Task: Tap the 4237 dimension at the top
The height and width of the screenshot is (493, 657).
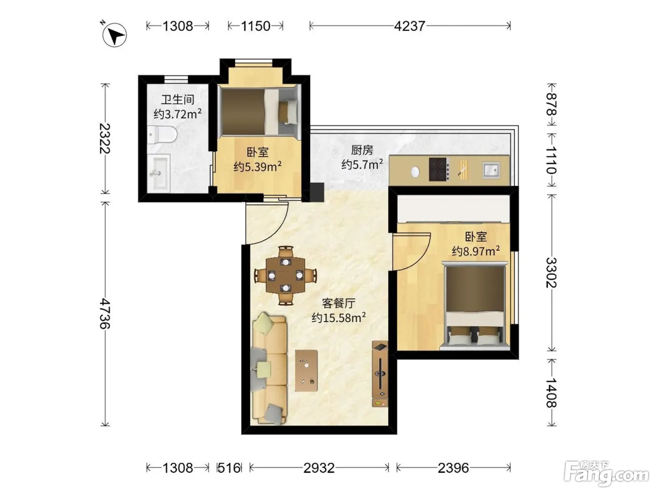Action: pos(409,26)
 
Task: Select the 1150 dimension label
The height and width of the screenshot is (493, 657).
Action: pos(255,26)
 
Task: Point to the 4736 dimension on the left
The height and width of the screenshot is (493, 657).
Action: pos(105,313)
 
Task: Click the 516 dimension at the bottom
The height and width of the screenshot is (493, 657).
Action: pos(229,468)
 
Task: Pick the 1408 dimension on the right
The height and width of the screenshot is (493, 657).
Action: pos(551,393)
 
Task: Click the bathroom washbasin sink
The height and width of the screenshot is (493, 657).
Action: pos(159,173)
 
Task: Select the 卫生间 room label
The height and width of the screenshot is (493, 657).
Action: pos(177,100)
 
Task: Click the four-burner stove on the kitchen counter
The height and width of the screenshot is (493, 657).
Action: pos(439,169)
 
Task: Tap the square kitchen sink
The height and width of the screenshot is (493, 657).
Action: pos(491,170)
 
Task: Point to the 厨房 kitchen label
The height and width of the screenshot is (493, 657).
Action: pos(362,150)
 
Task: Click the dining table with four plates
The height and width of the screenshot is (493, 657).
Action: pos(285,276)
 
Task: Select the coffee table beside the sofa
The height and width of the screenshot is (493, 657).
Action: pos(306,370)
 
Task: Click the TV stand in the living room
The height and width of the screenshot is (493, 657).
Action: pos(380,374)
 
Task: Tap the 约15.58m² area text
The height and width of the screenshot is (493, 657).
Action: pos(338,317)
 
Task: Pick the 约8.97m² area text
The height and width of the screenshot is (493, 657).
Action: pos(475,251)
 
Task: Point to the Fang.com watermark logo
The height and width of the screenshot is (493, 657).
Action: pos(606,474)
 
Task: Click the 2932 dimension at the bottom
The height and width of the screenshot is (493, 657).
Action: pos(319,468)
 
